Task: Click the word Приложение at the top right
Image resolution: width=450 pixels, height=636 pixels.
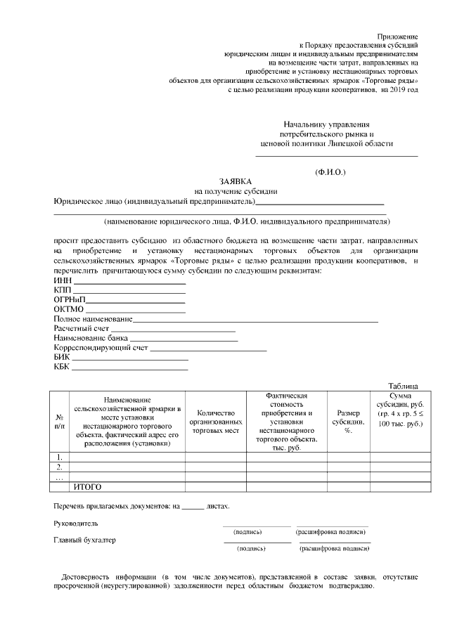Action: coord(397,34)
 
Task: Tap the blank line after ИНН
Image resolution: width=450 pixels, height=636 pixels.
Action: coord(129,283)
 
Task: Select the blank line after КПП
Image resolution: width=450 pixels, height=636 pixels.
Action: coord(129,292)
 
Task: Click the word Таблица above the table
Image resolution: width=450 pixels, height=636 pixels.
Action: coord(403,386)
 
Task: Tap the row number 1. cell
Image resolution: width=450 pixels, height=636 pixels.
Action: coord(60,457)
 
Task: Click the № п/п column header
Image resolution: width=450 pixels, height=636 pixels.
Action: coord(60,421)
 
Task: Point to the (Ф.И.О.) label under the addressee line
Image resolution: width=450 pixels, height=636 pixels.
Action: coord(330,171)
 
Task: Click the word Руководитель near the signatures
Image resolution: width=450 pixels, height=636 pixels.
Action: coord(76,524)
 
